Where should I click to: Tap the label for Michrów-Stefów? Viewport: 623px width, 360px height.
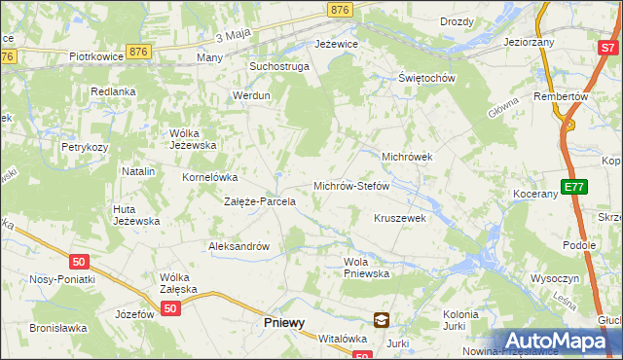351,185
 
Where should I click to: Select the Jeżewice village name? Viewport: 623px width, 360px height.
337,45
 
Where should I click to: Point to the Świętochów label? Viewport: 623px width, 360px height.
427,78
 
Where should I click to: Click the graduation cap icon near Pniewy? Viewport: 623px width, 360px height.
382,318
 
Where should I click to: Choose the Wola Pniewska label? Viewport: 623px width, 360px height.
367,267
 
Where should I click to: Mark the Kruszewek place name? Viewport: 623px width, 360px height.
401,218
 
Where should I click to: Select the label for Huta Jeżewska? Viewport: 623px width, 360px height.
136,214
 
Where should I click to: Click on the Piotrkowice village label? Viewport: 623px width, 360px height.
95,56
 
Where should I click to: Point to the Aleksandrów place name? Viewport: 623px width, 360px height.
238,246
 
